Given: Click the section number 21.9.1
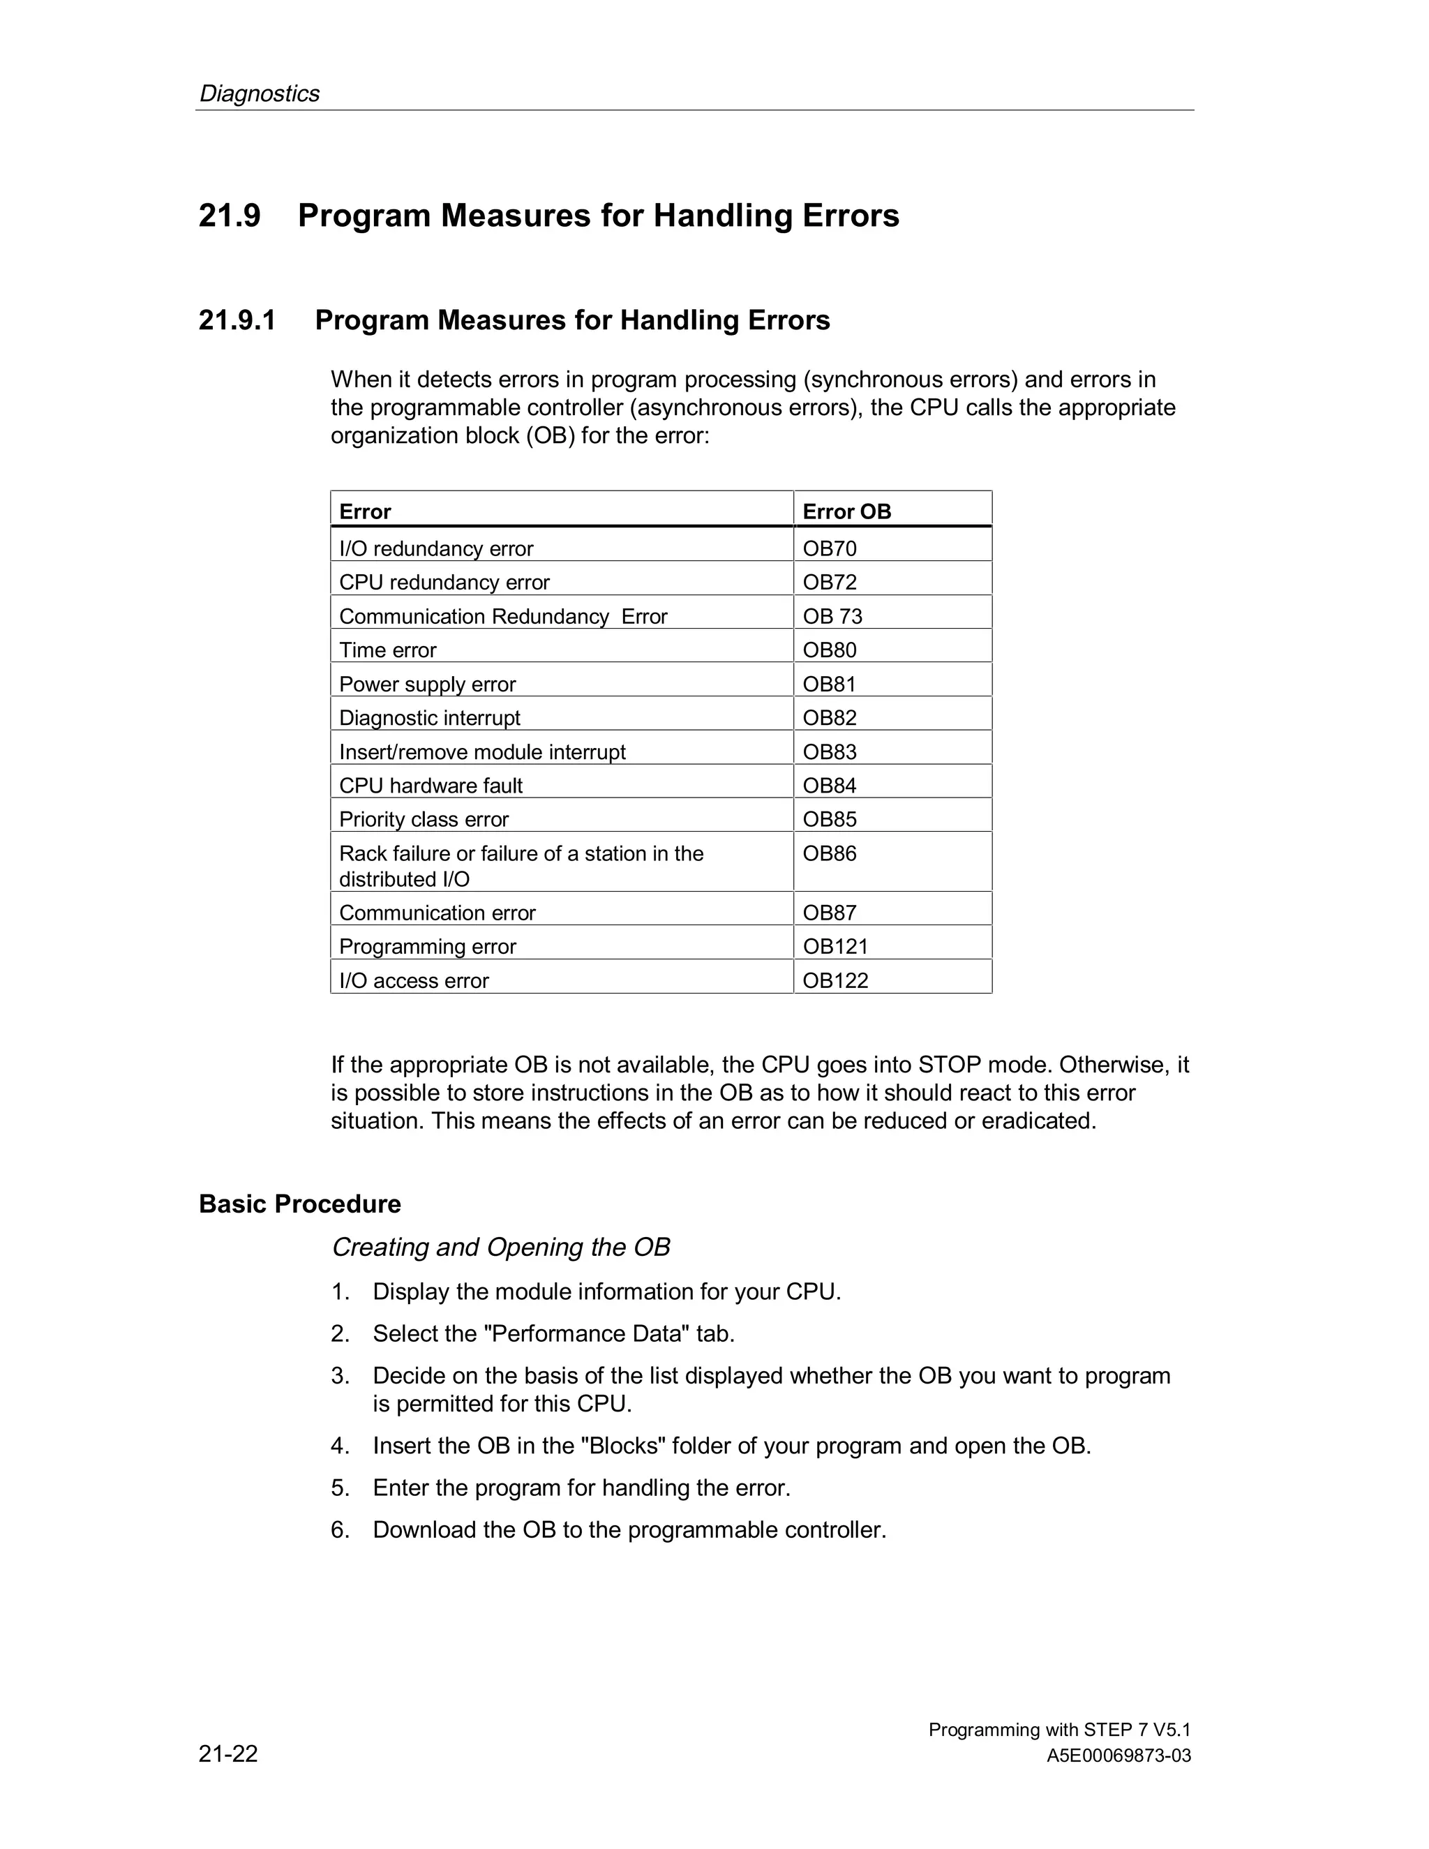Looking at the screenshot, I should point(237,321).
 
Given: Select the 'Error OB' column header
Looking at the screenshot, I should point(846,511).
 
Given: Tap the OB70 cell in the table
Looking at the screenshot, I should point(830,548).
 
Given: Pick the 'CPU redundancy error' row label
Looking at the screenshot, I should point(444,583).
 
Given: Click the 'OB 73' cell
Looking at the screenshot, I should point(832,616).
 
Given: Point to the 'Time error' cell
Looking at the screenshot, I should point(388,650).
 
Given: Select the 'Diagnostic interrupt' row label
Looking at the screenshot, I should point(430,718).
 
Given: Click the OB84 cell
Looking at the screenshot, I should point(830,786).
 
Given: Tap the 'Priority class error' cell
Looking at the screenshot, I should point(424,820).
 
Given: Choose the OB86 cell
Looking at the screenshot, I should point(830,853).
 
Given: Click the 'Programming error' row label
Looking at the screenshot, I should point(428,947).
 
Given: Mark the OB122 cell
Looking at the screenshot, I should point(835,980).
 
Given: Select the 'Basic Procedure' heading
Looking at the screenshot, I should point(299,1204).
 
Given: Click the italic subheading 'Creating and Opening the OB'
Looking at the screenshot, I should point(500,1247).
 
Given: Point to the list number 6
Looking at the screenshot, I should point(340,1530).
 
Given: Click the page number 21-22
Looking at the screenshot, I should point(229,1753).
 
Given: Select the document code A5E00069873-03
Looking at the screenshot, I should point(1118,1756).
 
